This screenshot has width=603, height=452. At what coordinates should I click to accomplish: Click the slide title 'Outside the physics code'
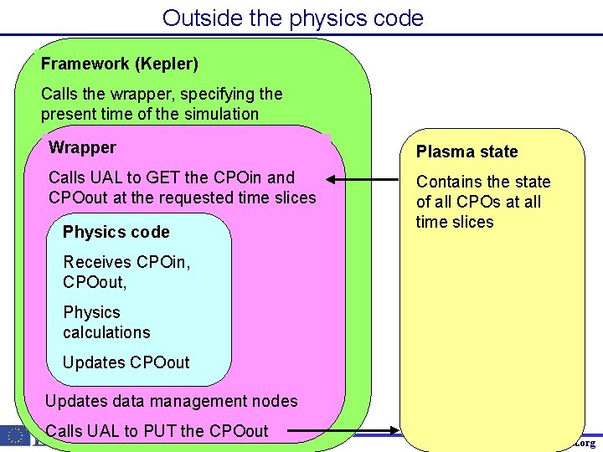[x=292, y=18]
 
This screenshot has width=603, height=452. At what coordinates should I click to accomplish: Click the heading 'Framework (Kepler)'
[x=119, y=64]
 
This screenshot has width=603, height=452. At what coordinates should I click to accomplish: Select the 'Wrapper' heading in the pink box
[x=82, y=148]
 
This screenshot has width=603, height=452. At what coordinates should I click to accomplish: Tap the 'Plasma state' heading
[x=466, y=152]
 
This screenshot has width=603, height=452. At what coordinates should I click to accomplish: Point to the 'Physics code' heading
[x=116, y=232]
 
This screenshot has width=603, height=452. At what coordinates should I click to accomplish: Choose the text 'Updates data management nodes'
[x=171, y=401]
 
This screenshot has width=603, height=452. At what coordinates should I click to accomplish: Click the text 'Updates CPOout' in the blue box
[x=126, y=362]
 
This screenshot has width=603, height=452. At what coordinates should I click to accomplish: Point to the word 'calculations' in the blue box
[x=106, y=332]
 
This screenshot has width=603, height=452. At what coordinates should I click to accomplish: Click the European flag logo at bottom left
[x=15, y=435]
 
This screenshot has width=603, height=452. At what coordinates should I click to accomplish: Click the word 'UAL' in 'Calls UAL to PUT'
[x=103, y=431]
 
